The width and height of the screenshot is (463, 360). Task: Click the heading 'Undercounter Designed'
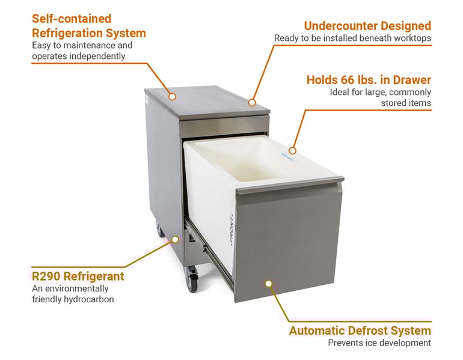point(367,26)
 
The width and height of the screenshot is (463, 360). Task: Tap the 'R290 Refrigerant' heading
point(78,276)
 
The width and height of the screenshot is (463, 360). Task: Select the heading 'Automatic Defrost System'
point(360,331)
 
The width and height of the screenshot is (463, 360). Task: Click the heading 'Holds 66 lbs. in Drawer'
point(369,79)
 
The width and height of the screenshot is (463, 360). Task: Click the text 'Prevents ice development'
point(379,343)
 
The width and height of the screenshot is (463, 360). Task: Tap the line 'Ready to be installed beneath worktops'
point(352,38)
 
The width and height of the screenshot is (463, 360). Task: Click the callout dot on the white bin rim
point(292,150)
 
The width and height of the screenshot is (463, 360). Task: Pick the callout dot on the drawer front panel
point(269,283)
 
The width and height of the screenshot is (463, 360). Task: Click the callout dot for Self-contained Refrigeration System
point(172,96)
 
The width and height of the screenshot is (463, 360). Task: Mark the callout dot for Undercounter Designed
point(253,103)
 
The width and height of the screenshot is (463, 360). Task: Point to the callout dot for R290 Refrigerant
point(175,239)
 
